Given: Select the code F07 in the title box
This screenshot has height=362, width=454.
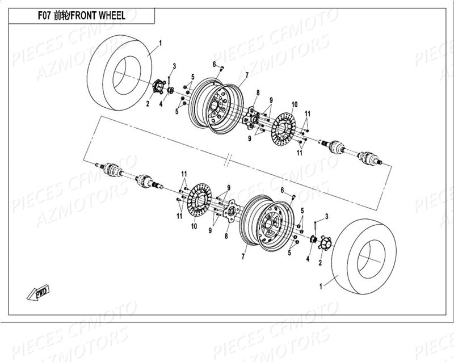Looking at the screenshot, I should coord(45,16).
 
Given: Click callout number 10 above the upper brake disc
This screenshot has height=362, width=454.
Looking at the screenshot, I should coord(295,104).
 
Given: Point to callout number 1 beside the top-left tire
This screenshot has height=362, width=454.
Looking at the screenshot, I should coord(160,43).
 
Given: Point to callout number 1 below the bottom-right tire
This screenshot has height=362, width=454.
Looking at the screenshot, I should coord(321,287).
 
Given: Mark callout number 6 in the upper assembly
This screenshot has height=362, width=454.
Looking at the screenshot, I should coord(215,64).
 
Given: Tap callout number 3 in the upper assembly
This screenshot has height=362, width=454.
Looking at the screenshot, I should coord(174,66).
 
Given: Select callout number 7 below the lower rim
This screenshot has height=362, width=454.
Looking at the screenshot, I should coord(243,257).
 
